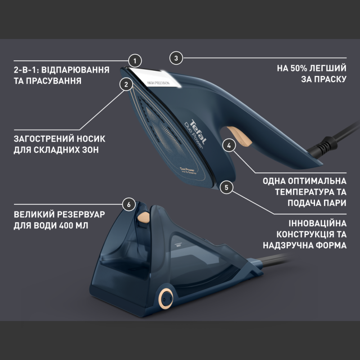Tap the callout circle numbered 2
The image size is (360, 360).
[x=126, y=84]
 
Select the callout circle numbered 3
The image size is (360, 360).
[x=176, y=58]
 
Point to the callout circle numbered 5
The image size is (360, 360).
[x=227, y=187]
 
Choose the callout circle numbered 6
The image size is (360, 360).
[x=129, y=204]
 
